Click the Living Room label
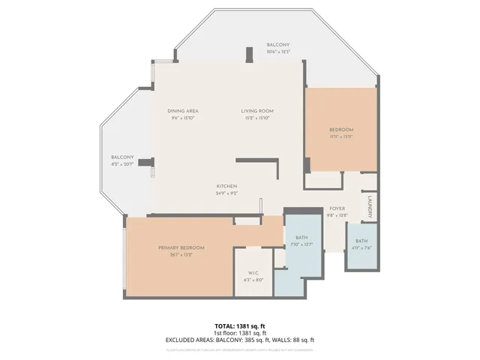(256, 111)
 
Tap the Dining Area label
(182, 111)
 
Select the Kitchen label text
(226, 186)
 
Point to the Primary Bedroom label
(181, 247)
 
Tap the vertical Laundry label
(370, 205)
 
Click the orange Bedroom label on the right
(340, 130)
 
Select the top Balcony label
(277, 45)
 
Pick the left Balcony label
(122, 157)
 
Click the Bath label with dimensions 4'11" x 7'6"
(361, 241)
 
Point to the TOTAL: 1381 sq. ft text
(240, 326)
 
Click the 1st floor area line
(240, 333)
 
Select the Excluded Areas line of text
(240, 340)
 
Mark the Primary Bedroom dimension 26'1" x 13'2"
(181, 254)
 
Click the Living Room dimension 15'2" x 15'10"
(256, 118)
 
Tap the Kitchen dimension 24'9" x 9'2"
(226, 193)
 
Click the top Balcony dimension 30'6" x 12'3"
(277, 52)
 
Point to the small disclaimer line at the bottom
(240, 349)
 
